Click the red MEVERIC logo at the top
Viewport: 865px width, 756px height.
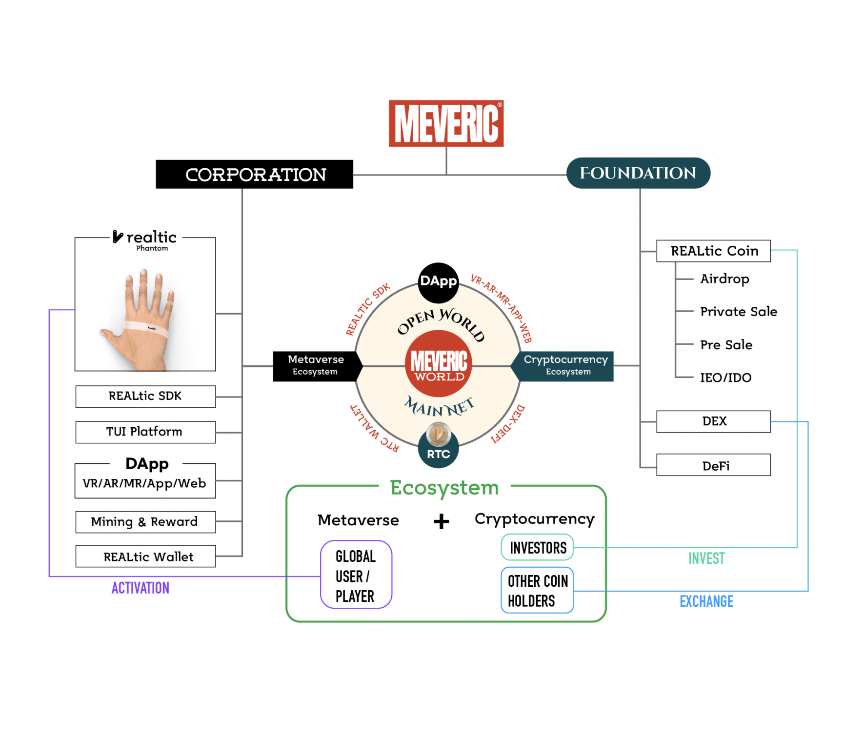(x=446, y=123)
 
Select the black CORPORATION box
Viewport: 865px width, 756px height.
(x=254, y=174)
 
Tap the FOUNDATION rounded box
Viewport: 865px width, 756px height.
(x=638, y=173)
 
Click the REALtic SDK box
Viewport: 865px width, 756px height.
(x=145, y=396)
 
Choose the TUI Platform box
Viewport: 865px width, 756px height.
(x=145, y=432)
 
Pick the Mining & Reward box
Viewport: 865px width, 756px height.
(x=145, y=522)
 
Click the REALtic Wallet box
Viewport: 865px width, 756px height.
(x=145, y=557)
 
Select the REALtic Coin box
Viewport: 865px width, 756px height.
(x=713, y=251)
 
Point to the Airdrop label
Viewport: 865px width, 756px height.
(x=724, y=279)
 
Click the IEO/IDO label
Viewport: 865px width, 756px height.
(x=725, y=378)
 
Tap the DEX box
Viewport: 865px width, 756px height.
(x=713, y=421)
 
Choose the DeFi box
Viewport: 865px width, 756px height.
(x=713, y=465)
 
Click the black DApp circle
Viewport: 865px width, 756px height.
(x=438, y=282)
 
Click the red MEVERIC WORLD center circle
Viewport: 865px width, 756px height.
(x=439, y=363)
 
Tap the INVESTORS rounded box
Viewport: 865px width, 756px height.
(x=537, y=548)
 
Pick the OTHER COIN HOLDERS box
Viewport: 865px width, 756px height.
(x=537, y=590)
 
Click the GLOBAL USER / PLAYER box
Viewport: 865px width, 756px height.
(x=356, y=575)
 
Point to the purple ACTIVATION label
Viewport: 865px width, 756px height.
(x=141, y=588)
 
